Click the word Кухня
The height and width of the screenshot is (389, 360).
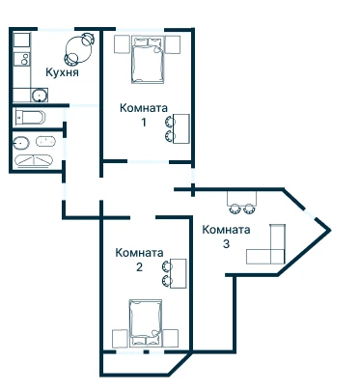[x=62, y=72]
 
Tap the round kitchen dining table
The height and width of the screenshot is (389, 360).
[x=78, y=49]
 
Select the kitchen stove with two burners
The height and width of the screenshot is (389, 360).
[x=22, y=59]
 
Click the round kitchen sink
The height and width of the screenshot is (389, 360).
[x=40, y=96]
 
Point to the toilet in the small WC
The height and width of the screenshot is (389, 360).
[x=30, y=117]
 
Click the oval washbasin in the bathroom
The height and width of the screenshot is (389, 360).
[x=21, y=142]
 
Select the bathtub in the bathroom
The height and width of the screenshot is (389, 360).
[x=34, y=161]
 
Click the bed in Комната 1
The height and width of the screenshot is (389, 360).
[x=148, y=60]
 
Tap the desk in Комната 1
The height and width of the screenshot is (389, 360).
[x=180, y=128]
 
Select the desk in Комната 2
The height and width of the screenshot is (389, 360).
[x=179, y=273]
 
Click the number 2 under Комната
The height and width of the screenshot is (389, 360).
[x=139, y=267]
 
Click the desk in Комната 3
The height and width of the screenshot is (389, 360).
[x=242, y=198]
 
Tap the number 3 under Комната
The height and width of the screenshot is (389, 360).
[x=227, y=243]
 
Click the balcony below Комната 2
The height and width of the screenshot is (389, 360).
[x=142, y=364]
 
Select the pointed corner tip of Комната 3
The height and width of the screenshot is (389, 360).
[x=330, y=230]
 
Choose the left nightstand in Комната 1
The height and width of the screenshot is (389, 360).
[x=122, y=44]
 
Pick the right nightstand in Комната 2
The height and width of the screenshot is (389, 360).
[x=171, y=339]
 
